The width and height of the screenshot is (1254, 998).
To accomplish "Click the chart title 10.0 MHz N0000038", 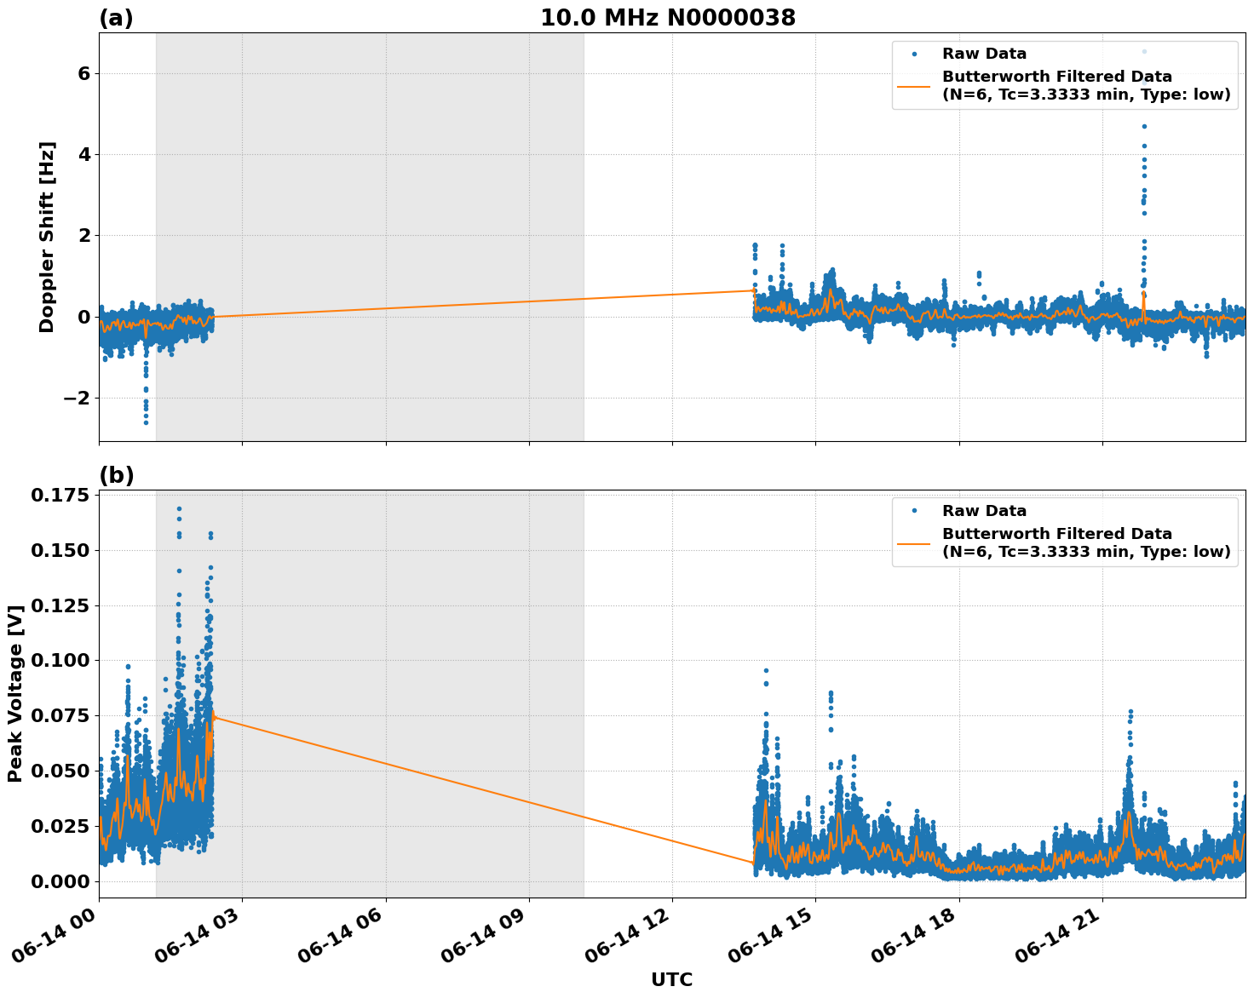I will tap(668, 18).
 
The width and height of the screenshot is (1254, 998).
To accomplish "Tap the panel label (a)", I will tap(116, 18).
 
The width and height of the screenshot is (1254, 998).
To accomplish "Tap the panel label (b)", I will tap(116, 475).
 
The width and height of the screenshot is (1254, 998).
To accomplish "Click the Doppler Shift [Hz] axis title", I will tap(47, 237).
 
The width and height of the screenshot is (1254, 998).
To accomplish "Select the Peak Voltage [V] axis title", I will tap(14, 693).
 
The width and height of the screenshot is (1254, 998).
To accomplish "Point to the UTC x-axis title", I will tap(671, 979).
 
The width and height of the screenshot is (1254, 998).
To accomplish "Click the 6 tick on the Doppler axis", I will tap(84, 74).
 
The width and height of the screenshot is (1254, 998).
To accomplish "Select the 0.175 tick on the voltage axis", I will tap(60, 496).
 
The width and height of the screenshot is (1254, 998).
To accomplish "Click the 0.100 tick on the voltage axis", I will tap(60, 661).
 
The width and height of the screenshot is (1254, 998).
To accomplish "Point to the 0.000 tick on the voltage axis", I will tap(60, 881).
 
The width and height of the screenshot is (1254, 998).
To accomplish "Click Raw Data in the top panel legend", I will tap(984, 54).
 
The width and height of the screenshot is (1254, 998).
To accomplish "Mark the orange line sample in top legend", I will tap(913, 86).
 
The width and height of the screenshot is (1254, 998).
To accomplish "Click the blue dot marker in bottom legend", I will tap(913, 511).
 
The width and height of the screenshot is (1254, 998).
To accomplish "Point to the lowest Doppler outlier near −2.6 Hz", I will tap(146, 422).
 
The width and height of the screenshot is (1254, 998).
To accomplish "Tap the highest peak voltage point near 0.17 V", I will tap(179, 508).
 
